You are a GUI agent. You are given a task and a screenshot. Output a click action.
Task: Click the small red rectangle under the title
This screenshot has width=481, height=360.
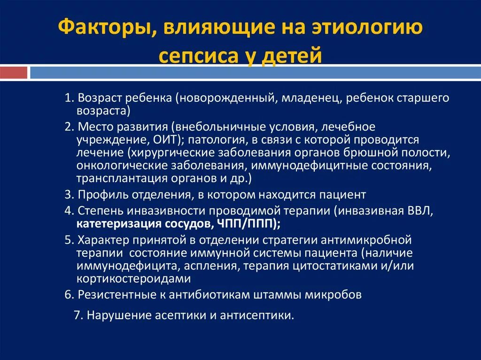pyautogui.click(x=14, y=73)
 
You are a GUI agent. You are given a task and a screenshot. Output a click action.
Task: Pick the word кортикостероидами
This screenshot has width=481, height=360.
pyautogui.click(x=133, y=279)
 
